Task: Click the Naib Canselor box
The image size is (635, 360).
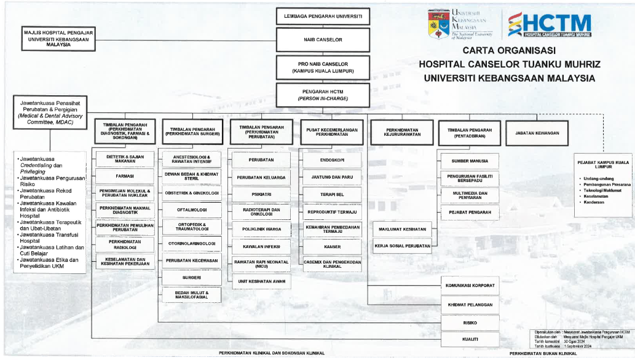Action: [x=323, y=40]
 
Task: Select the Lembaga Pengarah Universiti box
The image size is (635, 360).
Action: [x=323, y=16]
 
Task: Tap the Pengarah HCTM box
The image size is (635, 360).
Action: [x=323, y=95]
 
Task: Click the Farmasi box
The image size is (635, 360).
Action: [x=125, y=176]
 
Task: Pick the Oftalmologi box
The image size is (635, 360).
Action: [x=191, y=209]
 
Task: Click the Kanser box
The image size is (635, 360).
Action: [x=331, y=246]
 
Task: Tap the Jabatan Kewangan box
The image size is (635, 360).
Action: [x=532, y=133]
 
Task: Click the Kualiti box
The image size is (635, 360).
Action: [x=470, y=338]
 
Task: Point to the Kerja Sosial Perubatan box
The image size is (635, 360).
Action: [x=402, y=246]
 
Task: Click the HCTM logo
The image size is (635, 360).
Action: [x=550, y=25]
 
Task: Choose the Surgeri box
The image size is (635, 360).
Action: [x=191, y=278]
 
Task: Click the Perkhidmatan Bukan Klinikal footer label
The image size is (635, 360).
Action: [x=543, y=354]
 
